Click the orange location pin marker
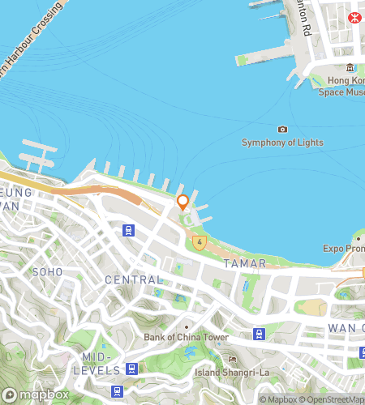tap(182, 202)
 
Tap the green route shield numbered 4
tap(199, 241)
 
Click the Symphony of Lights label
tap(282, 143)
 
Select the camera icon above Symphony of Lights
tap(282, 130)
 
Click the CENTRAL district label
tap(134, 279)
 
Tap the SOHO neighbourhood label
tap(46, 272)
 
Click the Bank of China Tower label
tap(186, 337)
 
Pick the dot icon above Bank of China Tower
tap(186, 326)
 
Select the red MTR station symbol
tap(354, 17)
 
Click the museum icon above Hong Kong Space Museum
tap(350, 68)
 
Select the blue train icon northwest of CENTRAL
tap(128, 231)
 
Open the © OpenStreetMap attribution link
tap(334, 399)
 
